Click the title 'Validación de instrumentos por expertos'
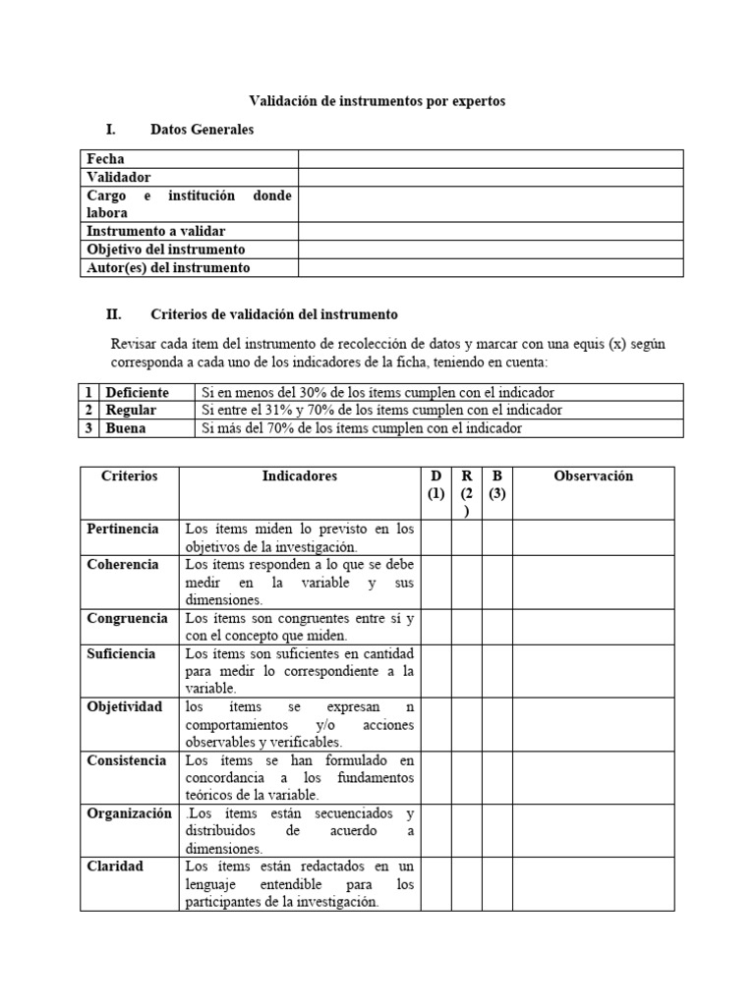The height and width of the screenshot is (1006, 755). click(x=377, y=100)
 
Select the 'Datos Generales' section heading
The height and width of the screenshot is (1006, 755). click(x=202, y=130)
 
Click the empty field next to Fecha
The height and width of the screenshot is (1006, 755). click(x=490, y=159)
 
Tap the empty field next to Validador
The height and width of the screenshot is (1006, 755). click(x=490, y=177)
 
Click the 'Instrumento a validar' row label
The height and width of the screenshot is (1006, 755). click(x=156, y=231)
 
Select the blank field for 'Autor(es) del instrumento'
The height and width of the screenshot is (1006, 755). click(x=490, y=267)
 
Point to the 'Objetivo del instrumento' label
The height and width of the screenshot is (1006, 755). click(x=165, y=250)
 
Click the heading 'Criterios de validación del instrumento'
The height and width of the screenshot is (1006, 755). click(x=273, y=314)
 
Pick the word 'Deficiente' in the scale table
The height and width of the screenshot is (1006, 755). click(x=137, y=392)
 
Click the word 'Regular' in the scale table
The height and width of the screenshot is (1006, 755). click(x=131, y=410)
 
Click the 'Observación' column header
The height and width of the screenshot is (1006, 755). click(x=593, y=476)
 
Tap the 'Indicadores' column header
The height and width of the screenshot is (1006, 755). click(x=299, y=476)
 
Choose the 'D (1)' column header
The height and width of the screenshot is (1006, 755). click(x=436, y=485)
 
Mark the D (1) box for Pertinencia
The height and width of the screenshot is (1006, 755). click(x=436, y=537)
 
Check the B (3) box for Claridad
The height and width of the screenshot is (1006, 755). click(x=496, y=883)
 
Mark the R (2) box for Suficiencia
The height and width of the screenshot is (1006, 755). click(x=467, y=671)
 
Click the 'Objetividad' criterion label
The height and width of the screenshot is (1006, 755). click(x=124, y=707)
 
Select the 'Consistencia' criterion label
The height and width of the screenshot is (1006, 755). click(x=128, y=760)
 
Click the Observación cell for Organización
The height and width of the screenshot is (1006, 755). click(x=593, y=830)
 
